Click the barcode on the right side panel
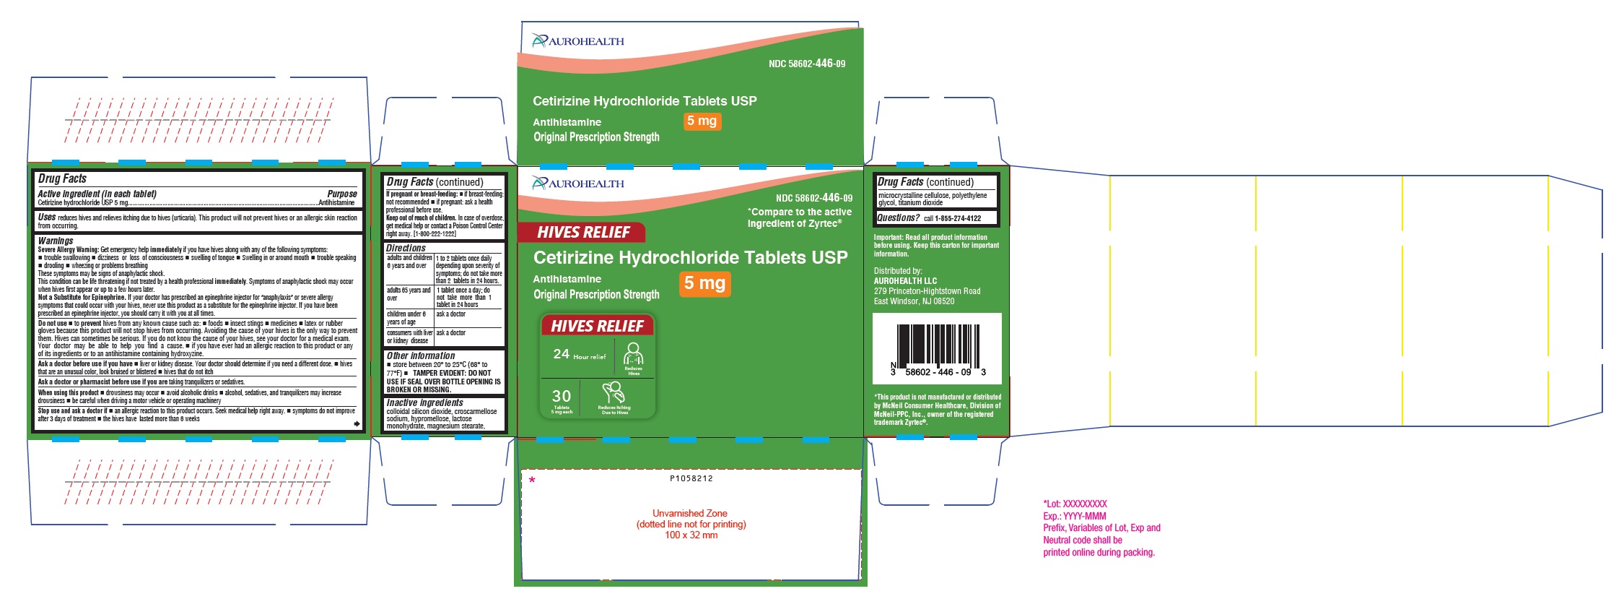(x=938, y=346)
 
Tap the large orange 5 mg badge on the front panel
(x=704, y=283)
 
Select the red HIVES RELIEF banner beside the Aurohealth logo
(x=582, y=233)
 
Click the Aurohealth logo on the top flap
(x=578, y=41)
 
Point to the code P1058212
(x=691, y=478)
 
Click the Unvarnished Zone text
(x=690, y=514)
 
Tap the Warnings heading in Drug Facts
(x=56, y=241)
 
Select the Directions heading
(x=406, y=248)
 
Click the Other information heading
(x=420, y=355)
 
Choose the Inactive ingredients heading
(x=424, y=402)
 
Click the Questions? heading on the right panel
(x=898, y=217)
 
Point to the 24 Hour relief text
(x=579, y=354)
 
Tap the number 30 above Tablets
(x=561, y=396)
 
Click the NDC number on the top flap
(x=806, y=64)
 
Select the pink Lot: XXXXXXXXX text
(x=1075, y=504)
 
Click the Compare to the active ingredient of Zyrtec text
(x=799, y=217)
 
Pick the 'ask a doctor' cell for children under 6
(x=451, y=314)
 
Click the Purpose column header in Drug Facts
(x=341, y=194)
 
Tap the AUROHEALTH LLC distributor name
(x=905, y=281)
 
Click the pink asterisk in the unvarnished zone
(x=532, y=480)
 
